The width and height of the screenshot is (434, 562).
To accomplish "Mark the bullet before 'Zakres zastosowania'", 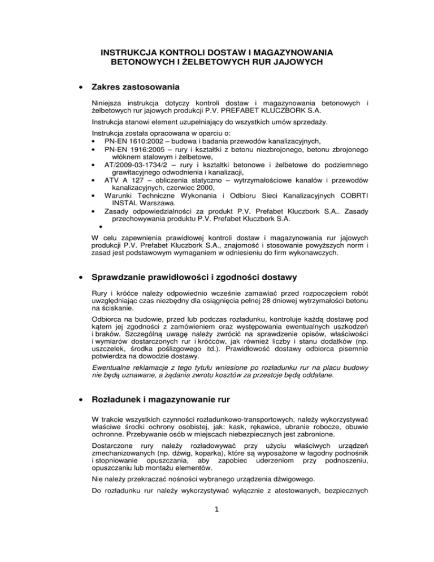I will click(x=76, y=88).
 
